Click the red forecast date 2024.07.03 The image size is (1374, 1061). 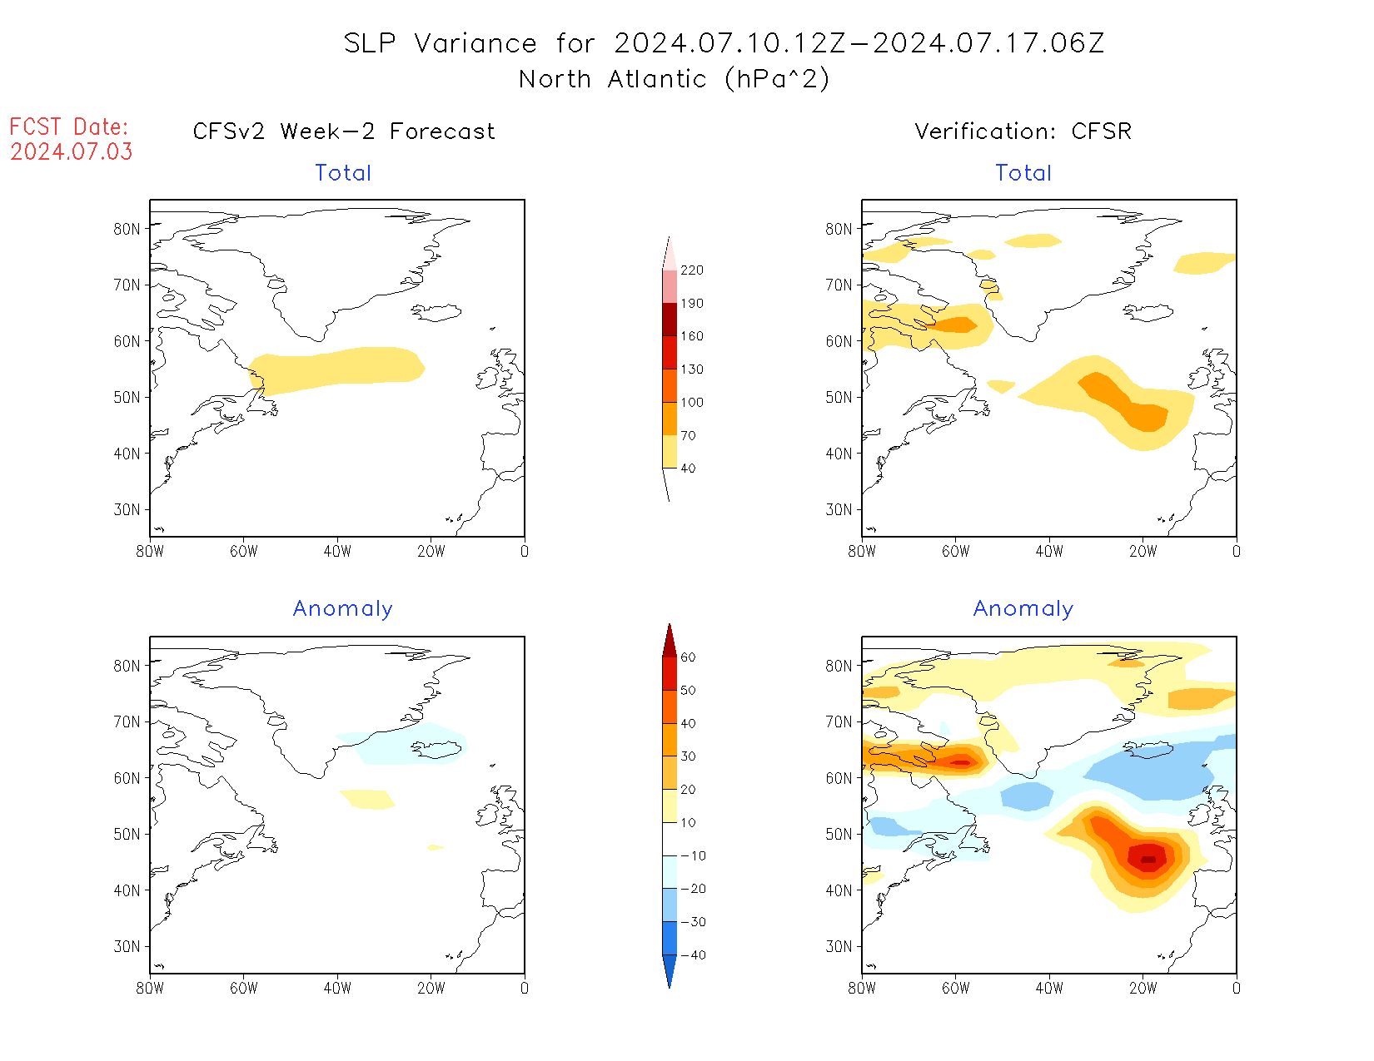click(x=71, y=152)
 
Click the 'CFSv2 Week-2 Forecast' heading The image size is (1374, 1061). click(x=343, y=131)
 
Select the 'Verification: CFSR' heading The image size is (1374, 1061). click(x=1023, y=131)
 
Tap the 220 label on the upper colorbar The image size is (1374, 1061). click(x=691, y=270)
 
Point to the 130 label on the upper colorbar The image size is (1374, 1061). click(x=691, y=369)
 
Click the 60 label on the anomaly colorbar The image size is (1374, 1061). click(x=688, y=657)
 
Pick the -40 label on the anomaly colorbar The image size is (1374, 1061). click(x=692, y=955)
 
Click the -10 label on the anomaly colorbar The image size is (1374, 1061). click(x=692, y=855)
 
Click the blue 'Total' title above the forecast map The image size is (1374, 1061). click(x=343, y=173)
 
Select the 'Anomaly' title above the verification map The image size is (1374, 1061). click(x=1023, y=609)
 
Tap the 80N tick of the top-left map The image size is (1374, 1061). click(x=127, y=229)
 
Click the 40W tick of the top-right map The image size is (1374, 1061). click(x=1049, y=551)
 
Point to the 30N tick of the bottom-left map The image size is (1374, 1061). click(x=127, y=946)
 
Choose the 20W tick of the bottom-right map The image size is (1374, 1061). click(x=1143, y=989)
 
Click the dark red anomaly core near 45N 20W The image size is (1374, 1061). click(x=1148, y=859)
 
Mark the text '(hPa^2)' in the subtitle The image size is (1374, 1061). click(x=777, y=79)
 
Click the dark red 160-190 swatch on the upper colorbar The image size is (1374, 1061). click(x=670, y=320)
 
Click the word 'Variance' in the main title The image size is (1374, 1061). click(x=475, y=43)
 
